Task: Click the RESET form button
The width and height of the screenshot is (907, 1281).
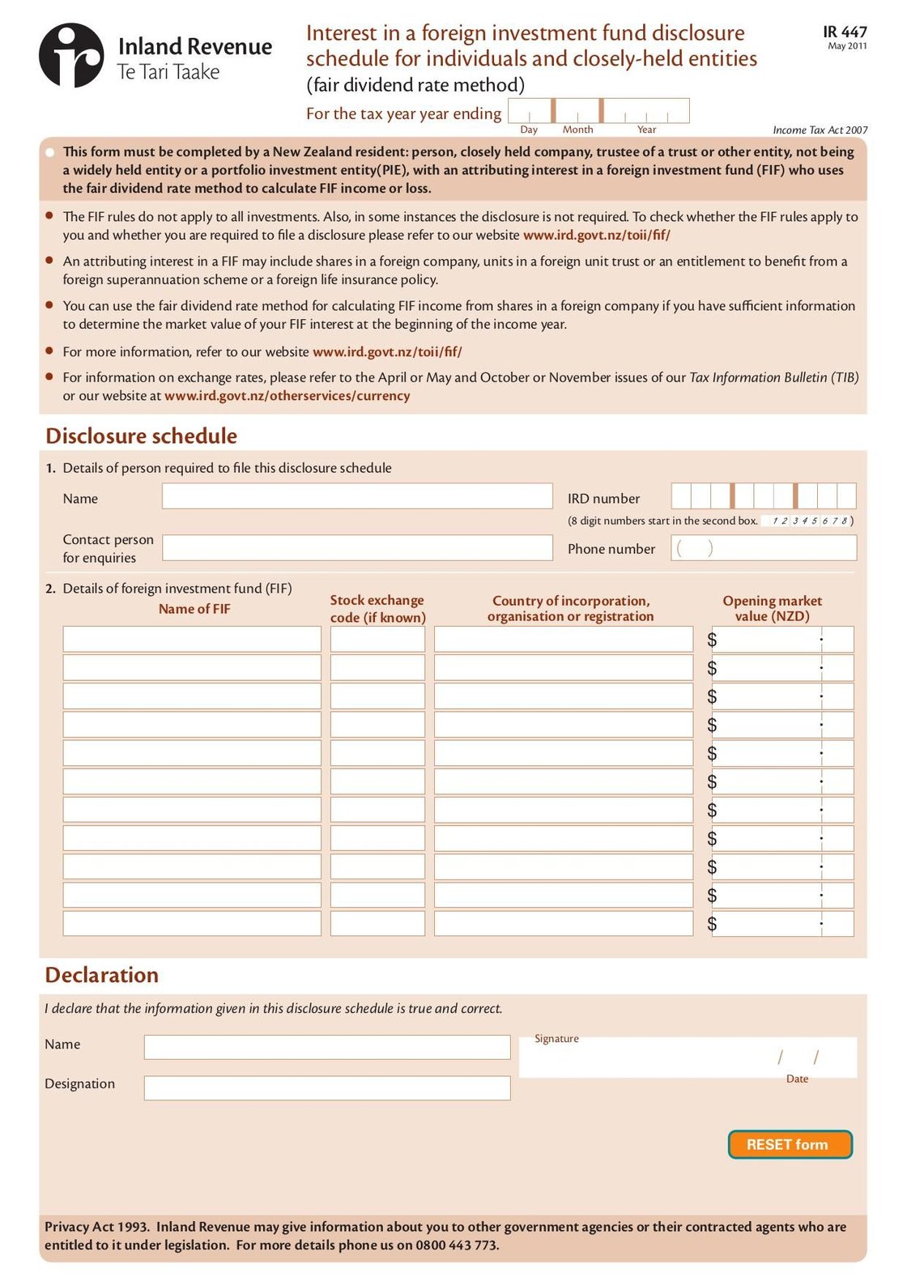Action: pos(790,1144)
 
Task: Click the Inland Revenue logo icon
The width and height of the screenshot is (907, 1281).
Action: pos(71,55)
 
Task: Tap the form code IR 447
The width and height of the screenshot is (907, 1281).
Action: pos(845,32)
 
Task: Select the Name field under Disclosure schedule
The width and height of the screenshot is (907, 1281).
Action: pos(357,496)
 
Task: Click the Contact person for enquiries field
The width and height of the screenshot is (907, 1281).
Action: pos(357,547)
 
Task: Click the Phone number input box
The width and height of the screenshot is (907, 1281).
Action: pos(764,548)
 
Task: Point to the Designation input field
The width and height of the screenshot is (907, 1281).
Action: pos(327,1087)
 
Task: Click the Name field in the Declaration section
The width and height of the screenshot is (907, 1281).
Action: pos(327,1047)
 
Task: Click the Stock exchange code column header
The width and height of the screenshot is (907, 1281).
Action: pos(377,609)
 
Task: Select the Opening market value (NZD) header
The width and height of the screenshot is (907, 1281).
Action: pos(772,608)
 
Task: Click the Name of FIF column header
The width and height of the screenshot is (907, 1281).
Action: pos(194,609)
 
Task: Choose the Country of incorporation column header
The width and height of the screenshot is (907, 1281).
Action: pos(570,608)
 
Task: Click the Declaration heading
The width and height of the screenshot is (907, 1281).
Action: pos(102,975)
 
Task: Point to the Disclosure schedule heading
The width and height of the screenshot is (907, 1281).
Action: pos(142,436)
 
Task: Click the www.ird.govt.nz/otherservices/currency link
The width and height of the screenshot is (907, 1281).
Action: pos(287,396)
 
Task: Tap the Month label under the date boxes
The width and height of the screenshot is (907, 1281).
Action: pos(577,130)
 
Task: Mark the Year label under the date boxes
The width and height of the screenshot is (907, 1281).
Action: pos(646,130)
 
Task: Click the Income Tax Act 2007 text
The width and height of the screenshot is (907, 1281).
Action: pos(820,130)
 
